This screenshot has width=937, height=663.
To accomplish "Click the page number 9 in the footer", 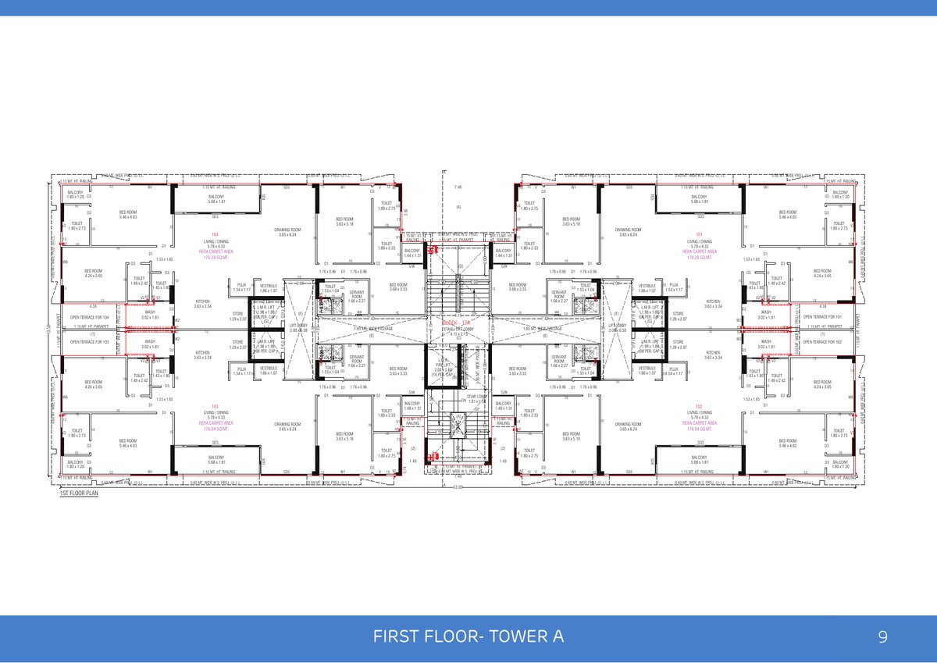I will click(882, 637).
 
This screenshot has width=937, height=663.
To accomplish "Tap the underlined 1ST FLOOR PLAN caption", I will click(79, 494).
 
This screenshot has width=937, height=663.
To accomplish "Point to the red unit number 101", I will click(699, 234).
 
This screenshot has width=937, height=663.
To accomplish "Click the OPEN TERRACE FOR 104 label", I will click(90, 317).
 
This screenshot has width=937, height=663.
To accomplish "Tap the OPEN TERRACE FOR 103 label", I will click(90, 342).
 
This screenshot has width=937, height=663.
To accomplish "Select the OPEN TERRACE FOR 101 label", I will click(823, 317).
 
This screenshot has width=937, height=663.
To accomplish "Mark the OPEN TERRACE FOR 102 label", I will click(823, 342).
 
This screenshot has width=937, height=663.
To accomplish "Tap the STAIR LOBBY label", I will click(477, 397).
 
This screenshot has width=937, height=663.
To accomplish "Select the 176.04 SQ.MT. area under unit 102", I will click(699, 430).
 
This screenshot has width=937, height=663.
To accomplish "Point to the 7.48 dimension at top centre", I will click(458, 187).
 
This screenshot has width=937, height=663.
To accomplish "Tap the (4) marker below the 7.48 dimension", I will click(459, 207).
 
